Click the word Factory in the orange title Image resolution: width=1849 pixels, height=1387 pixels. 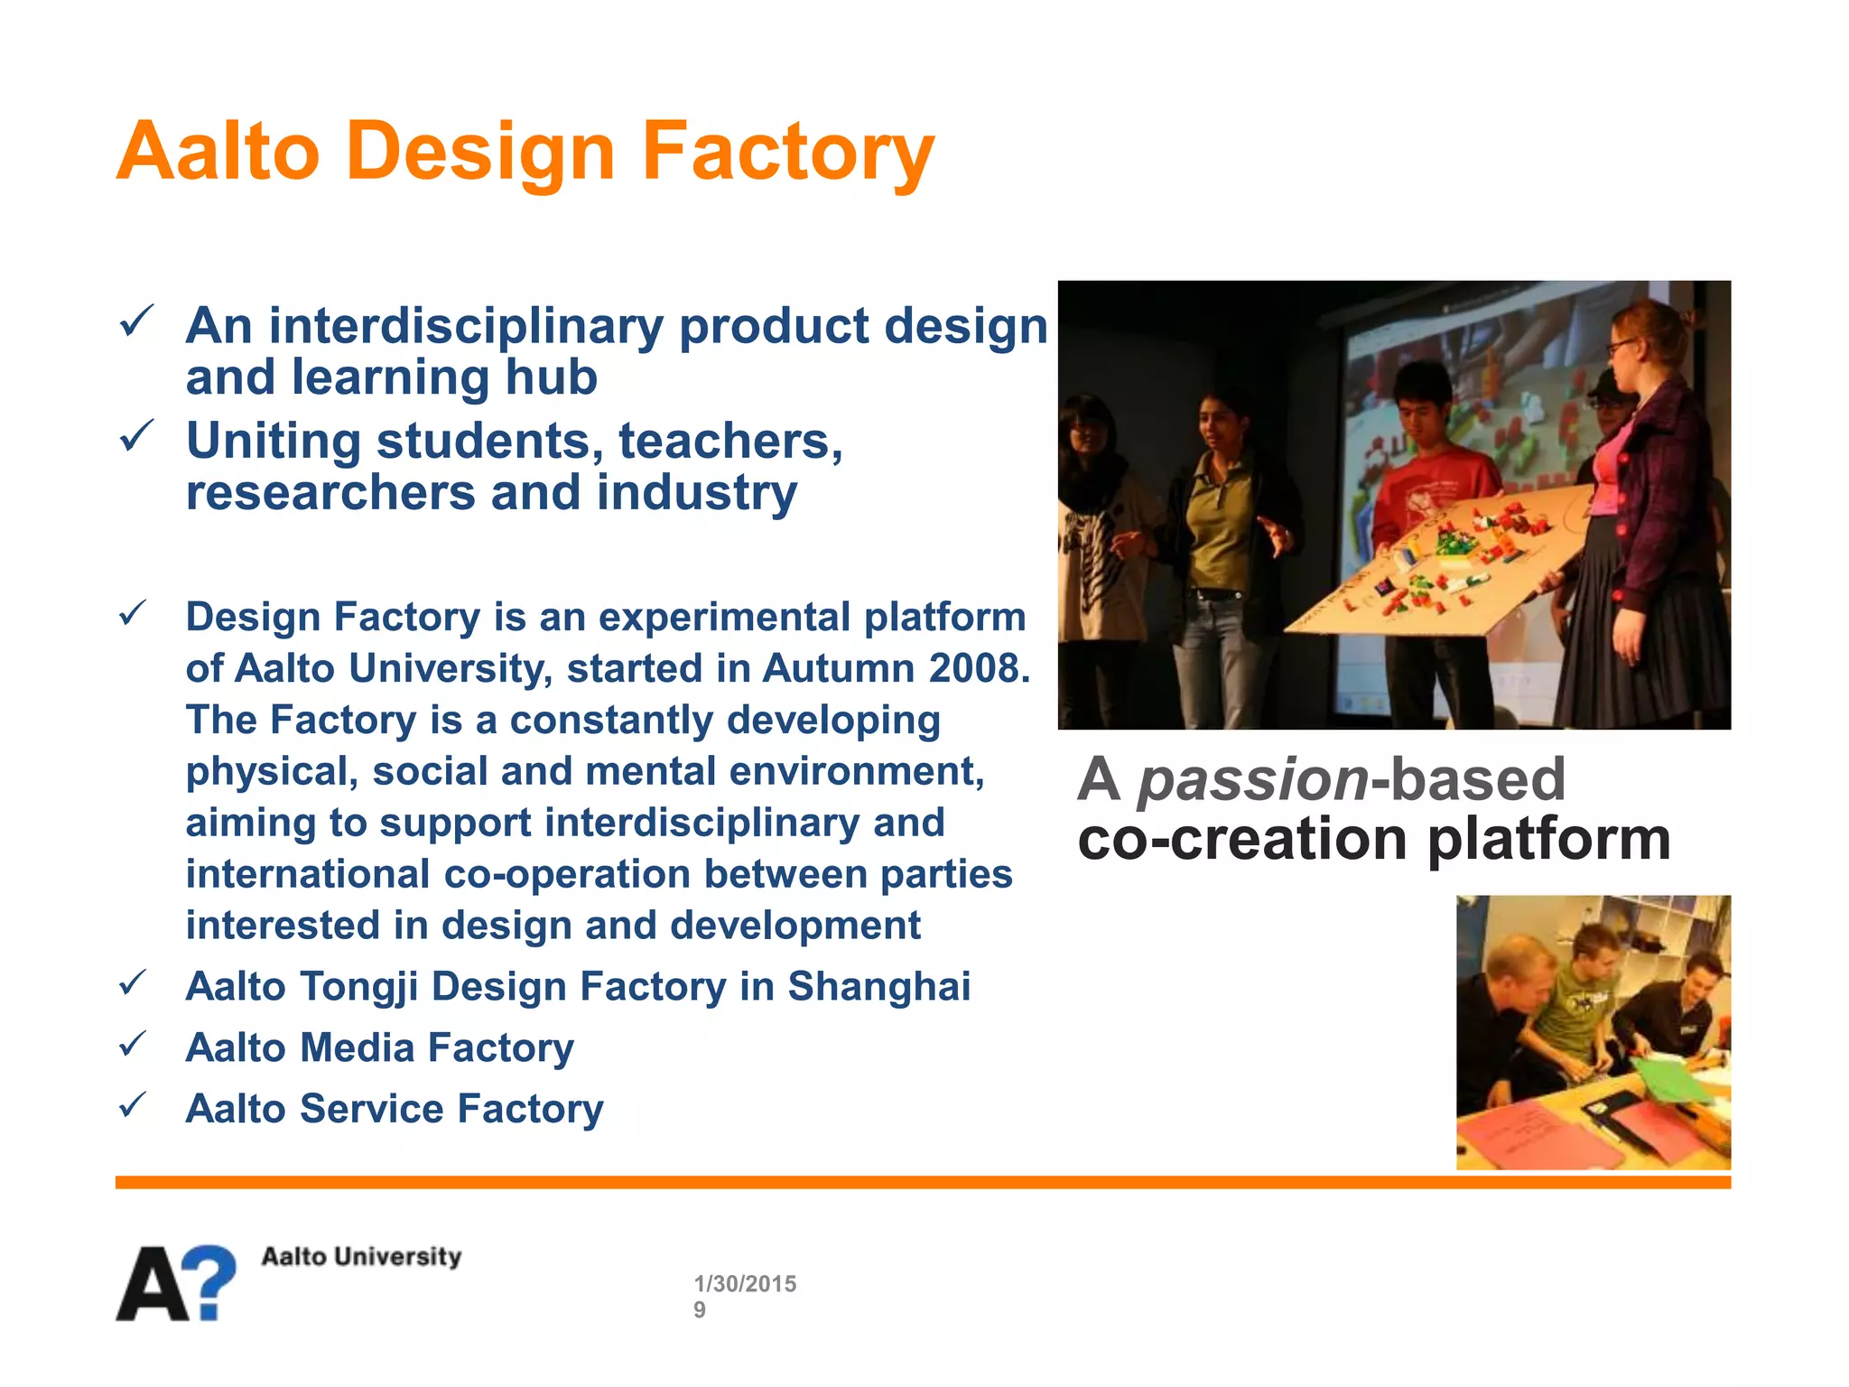click(787, 152)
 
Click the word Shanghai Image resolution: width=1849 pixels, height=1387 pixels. click(878, 986)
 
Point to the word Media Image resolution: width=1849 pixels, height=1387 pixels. click(357, 1048)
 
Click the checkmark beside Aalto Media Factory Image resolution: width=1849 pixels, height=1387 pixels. click(133, 1045)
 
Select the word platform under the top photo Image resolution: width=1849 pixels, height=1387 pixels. click(1548, 840)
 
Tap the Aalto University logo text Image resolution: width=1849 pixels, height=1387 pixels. click(361, 1256)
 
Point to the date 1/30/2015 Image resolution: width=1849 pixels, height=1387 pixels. click(745, 1283)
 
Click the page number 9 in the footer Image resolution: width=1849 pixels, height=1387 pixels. click(700, 1310)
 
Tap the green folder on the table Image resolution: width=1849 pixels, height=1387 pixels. click(1670, 1079)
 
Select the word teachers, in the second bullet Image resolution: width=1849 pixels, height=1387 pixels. click(730, 442)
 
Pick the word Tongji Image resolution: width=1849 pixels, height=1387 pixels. click(358, 987)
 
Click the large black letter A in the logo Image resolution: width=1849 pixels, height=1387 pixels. click(153, 1285)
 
